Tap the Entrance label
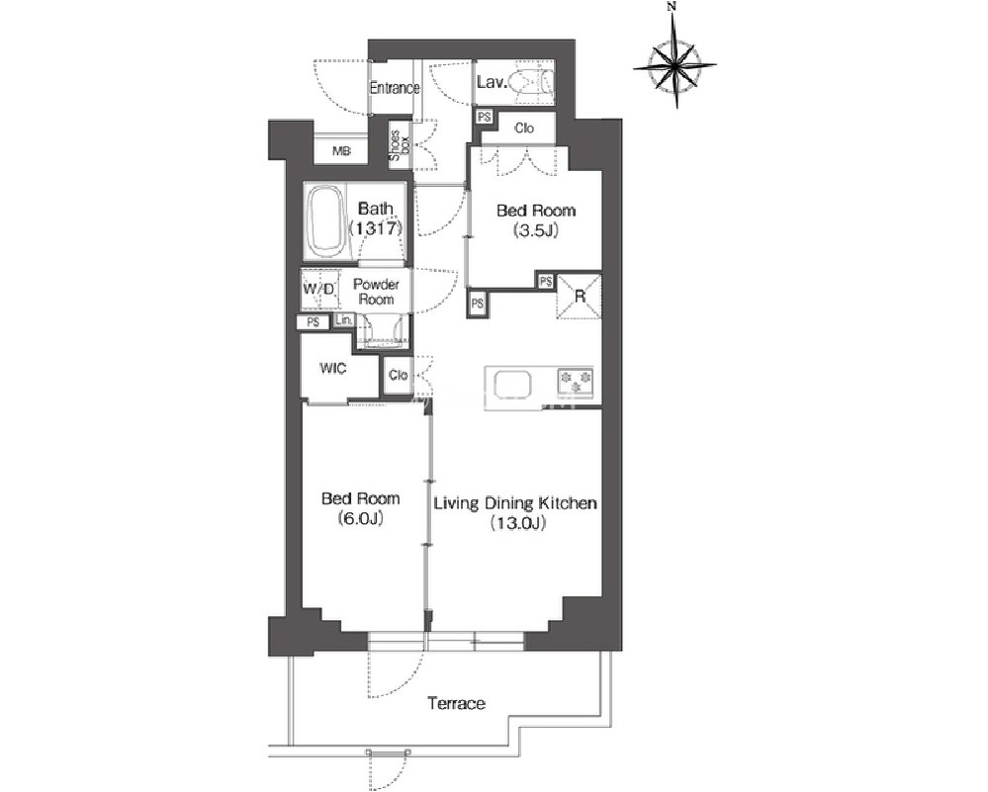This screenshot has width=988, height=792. [x=395, y=88]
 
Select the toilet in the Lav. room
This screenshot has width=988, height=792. [x=534, y=82]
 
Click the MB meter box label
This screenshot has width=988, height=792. [x=341, y=151]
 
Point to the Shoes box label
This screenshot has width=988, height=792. [x=399, y=145]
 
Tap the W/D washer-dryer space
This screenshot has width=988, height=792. [x=320, y=289]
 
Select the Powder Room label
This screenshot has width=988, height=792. [x=376, y=292]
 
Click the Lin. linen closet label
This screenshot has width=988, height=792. [x=343, y=320]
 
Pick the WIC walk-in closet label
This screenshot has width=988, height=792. [x=332, y=368]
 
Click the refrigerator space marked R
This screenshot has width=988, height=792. [x=580, y=296]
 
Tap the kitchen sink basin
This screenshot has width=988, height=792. [x=512, y=385]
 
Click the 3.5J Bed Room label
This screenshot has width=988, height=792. [x=536, y=220]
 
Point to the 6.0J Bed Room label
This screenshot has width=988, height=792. [x=360, y=508]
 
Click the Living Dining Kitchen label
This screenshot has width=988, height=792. [x=515, y=512]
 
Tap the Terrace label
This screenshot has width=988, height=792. [x=456, y=703]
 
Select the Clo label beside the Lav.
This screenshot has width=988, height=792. [x=524, y=128]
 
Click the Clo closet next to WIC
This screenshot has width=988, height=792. [x=399, y=376]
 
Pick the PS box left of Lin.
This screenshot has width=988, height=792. [x=314, y=322]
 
